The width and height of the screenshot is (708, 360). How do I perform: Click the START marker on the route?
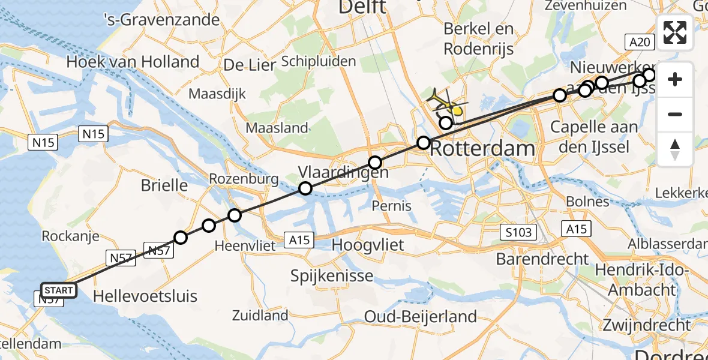58,291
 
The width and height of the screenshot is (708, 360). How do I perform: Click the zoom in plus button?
675,79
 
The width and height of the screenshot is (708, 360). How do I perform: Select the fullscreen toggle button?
675,32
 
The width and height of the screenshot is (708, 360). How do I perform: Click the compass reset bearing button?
675,149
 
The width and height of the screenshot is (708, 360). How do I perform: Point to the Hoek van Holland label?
133,61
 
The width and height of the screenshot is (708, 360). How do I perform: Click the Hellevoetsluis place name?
145,295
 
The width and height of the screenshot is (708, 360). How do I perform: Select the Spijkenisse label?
332,276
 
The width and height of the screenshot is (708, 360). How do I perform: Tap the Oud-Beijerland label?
421,316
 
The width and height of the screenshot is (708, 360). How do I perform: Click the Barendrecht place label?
543,259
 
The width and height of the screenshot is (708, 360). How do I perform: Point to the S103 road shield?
518,232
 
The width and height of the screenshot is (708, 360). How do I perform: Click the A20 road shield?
640,41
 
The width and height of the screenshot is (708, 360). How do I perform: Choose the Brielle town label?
164,185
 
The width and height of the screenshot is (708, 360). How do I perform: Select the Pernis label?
391,206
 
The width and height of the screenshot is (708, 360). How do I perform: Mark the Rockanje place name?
70,236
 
